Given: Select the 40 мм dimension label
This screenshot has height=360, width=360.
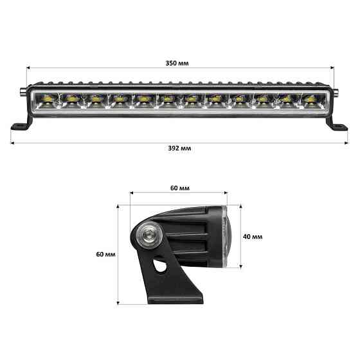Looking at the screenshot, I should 253,236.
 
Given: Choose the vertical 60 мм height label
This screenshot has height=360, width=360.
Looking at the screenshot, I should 105,255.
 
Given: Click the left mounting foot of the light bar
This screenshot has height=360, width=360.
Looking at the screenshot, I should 19,124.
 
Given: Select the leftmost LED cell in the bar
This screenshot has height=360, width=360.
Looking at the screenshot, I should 51,100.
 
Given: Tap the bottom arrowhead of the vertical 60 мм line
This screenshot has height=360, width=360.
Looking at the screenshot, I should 119,302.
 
